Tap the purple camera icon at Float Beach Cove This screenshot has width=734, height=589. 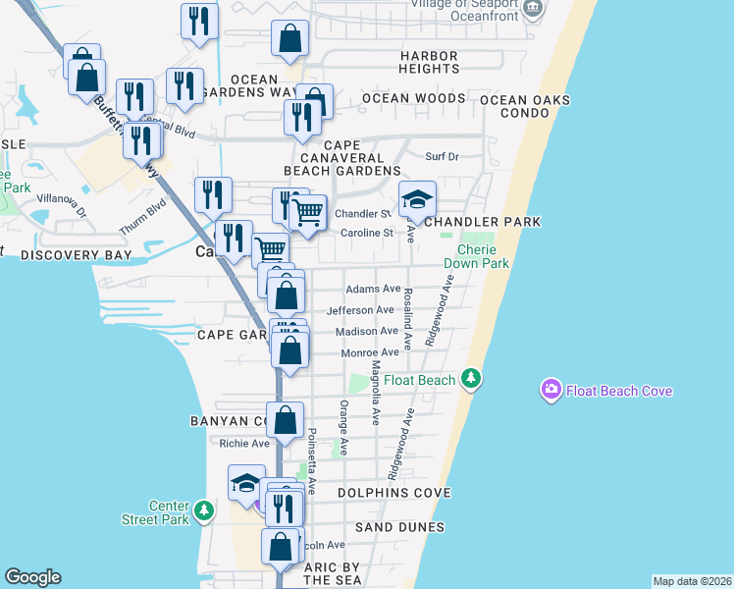click(551, 391)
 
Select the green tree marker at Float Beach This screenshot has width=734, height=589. click(472, 378)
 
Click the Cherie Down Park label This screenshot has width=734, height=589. click(476, 256)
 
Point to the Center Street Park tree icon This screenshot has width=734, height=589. click(203, 510)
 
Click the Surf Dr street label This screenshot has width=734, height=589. click(442, 156)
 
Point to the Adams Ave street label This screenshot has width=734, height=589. click(373, 289)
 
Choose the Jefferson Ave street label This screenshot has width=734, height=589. click(360, 309)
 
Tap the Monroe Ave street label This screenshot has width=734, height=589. click(369, 351)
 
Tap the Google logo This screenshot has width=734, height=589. click(32, 577)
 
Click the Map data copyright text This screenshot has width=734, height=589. click(692, 581)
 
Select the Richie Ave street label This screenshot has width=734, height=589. click(244, 443)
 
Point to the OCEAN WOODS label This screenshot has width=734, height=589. click(413, 98)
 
